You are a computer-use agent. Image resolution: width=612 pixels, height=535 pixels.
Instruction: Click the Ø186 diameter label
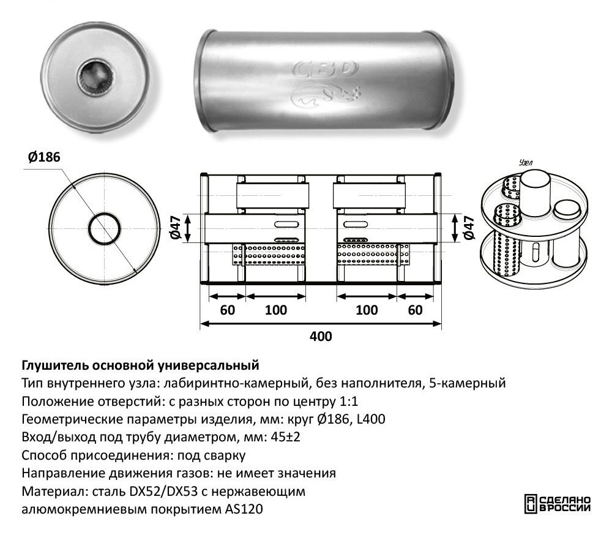click(43, 157)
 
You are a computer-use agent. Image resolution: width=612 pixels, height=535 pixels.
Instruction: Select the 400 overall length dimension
click(321, 336)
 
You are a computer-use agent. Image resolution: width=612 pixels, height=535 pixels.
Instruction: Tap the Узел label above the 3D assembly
click(526, 163)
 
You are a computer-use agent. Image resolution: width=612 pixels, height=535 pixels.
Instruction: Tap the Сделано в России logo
click(558, 502)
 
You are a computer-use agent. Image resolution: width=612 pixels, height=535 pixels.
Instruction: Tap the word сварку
click(227, 455)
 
